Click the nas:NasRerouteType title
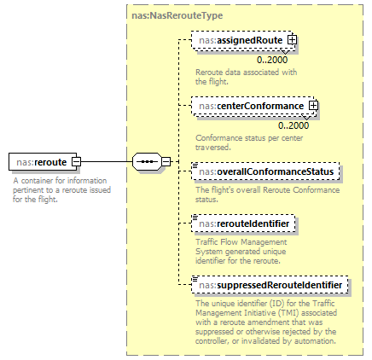[x=167, y=15]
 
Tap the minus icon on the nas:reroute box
[x=76, y=160]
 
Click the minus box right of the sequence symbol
[x=166, y=160]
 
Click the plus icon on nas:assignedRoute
[x=292, y=40]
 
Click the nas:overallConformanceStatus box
[x=266, y=172]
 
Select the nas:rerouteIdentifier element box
[x=245, y=224]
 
